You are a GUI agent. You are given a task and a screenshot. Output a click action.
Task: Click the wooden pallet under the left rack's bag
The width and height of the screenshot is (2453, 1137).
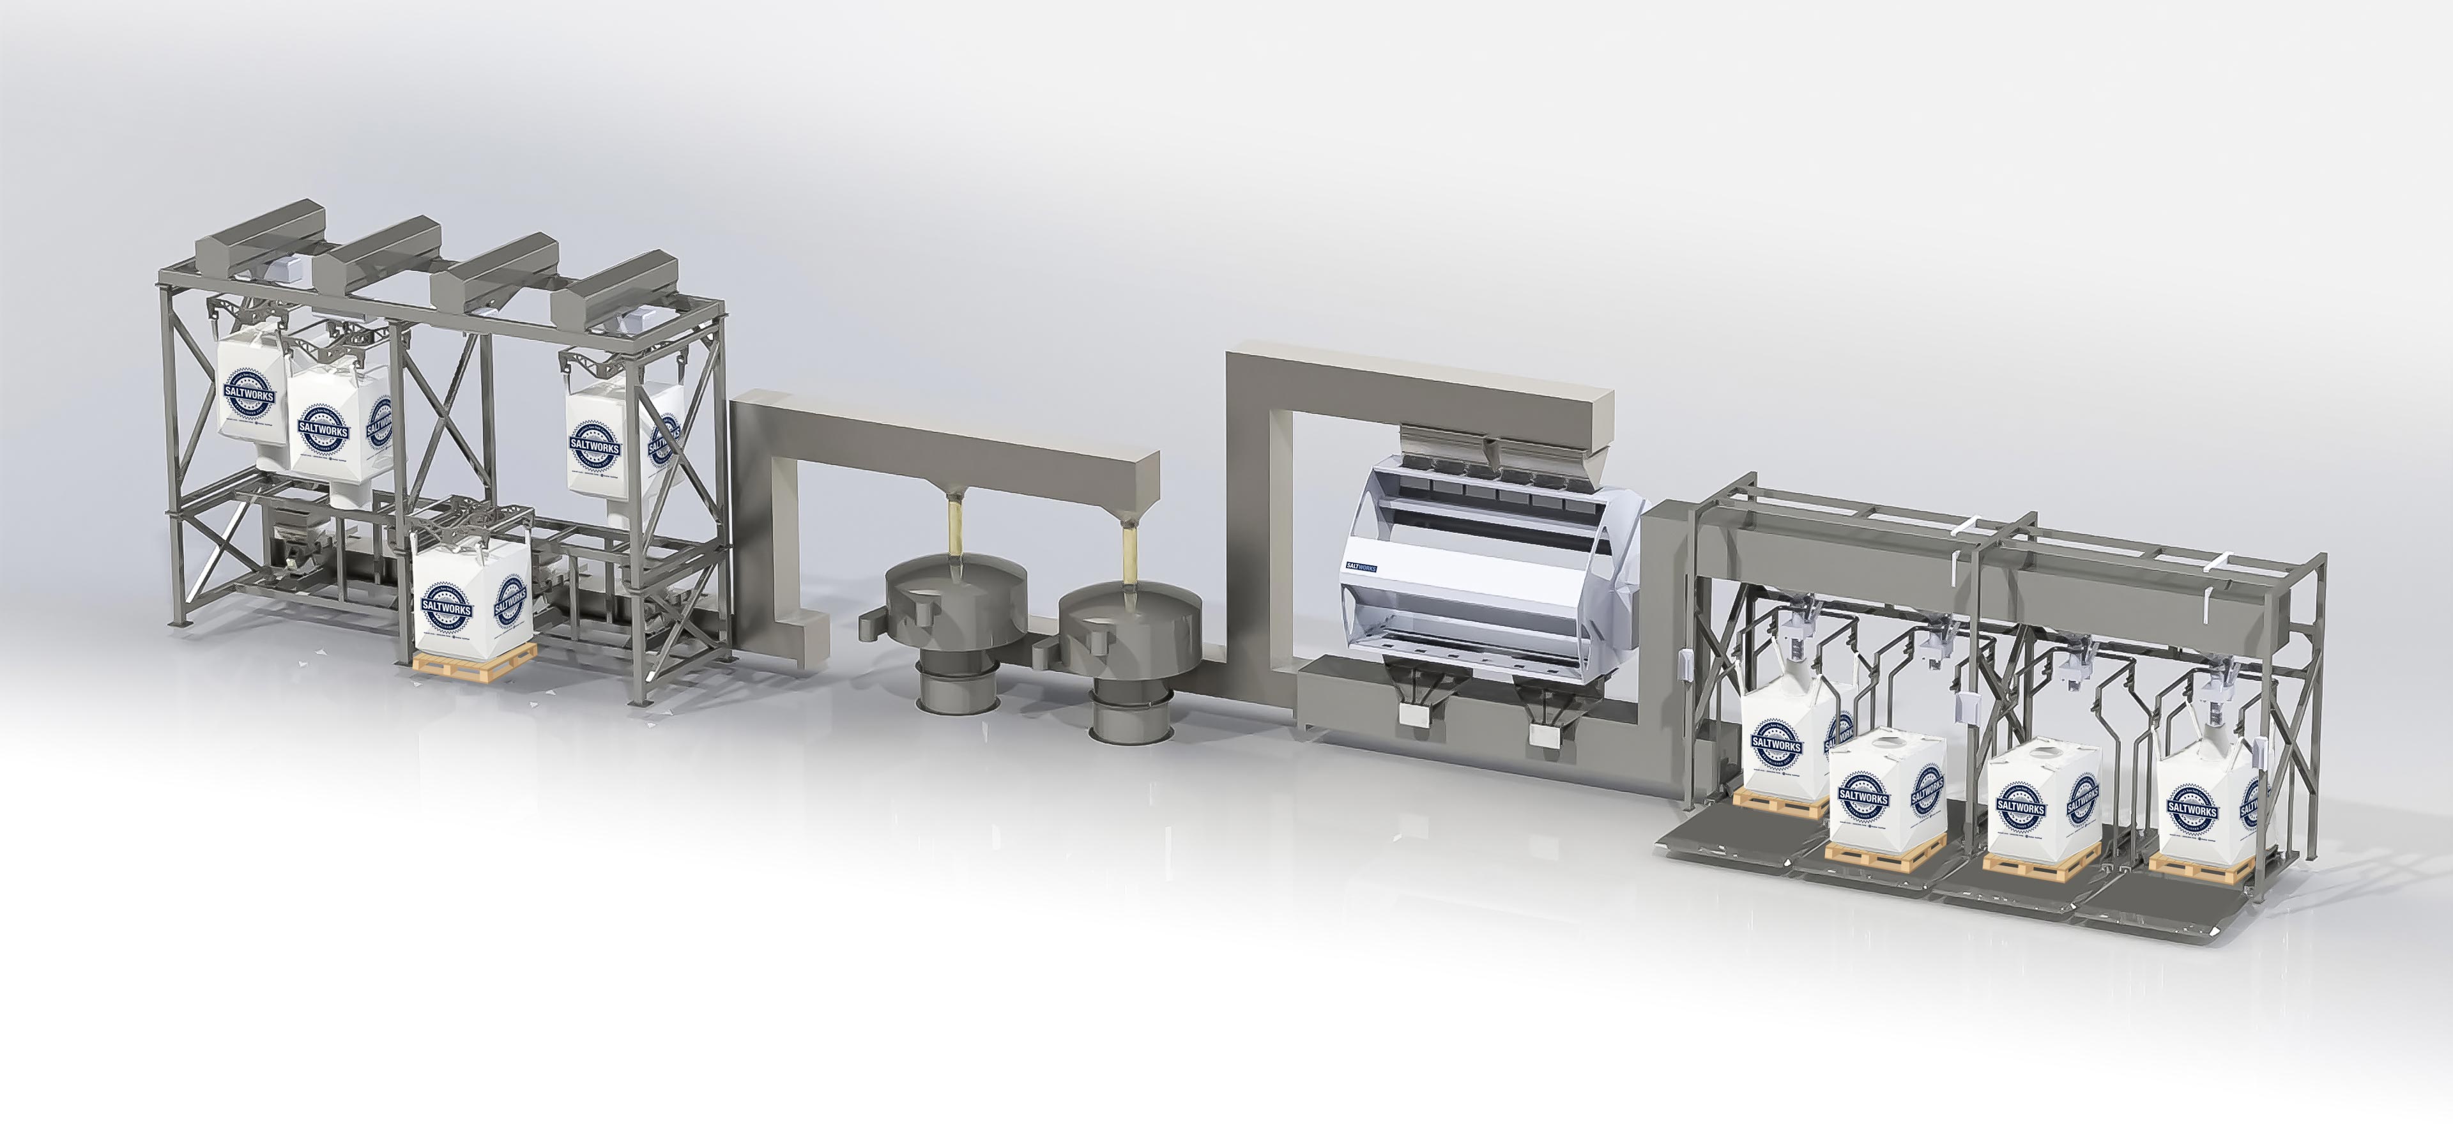point(474,664)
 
